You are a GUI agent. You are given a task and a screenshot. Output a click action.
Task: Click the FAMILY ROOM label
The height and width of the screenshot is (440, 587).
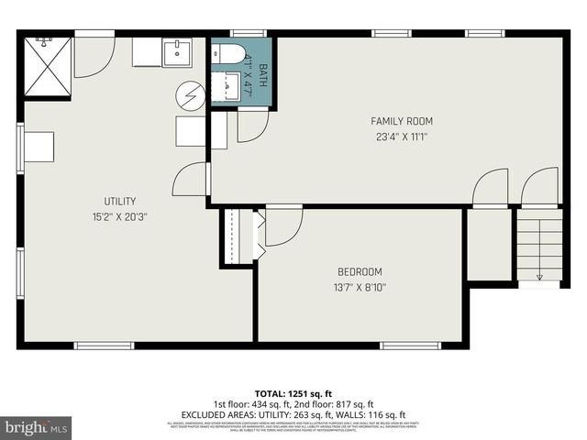[401, 121]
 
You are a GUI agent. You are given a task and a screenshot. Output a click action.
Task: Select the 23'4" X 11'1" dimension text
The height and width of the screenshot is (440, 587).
[401, 137]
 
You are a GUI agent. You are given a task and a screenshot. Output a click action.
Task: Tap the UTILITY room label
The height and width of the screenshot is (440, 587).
[119, 202]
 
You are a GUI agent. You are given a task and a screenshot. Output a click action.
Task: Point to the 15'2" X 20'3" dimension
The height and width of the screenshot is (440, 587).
[119, 217]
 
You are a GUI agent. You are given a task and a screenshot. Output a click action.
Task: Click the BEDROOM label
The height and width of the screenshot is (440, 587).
[360, 272]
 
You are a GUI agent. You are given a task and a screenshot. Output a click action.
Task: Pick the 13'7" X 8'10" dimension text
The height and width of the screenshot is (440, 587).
[360, 287]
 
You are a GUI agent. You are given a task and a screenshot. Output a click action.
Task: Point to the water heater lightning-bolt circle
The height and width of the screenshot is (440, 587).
[193, 94]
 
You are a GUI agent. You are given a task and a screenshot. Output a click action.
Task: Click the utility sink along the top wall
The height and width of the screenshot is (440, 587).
[175, 53]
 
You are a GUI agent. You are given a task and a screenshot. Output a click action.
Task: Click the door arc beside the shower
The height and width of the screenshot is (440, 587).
[93, 57]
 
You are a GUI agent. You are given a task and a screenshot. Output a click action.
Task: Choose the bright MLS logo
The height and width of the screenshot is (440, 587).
[36, 427]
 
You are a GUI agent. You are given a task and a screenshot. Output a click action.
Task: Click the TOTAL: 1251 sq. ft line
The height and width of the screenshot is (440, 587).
[293, 391]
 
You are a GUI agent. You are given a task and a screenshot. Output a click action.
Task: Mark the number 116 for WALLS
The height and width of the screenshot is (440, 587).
[379, 414]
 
